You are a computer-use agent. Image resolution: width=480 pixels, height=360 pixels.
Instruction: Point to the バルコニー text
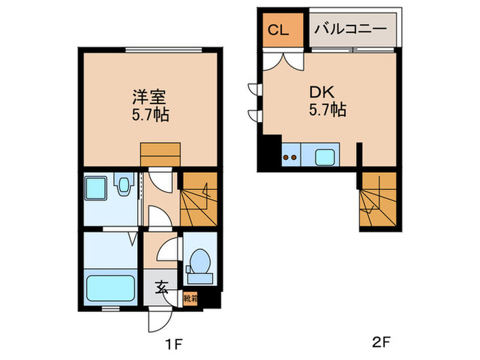pyautogui.click(x=351, y=30)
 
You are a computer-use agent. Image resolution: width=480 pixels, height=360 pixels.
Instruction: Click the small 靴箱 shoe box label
pyautogui.click(x=191, y=299)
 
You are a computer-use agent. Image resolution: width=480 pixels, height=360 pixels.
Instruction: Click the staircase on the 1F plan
pyautogui.click(x=198, y=199)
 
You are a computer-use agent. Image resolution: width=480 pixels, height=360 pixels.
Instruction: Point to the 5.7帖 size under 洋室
pyautogui.click(x=150, y=115)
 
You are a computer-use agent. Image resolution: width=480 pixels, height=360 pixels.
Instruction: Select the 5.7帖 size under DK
pyautogui.click(x=327, y=109)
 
